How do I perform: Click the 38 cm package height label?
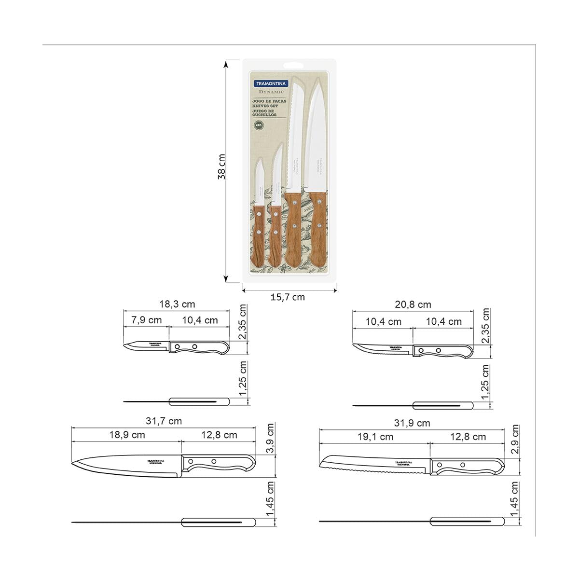click(x=221, y=167)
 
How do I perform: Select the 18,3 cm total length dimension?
click(x=177, y=305)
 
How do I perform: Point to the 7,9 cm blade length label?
click(x=146, y=320)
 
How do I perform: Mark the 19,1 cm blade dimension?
click(x=375, y=437)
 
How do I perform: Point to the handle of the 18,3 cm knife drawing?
click(x=198, y=347)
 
